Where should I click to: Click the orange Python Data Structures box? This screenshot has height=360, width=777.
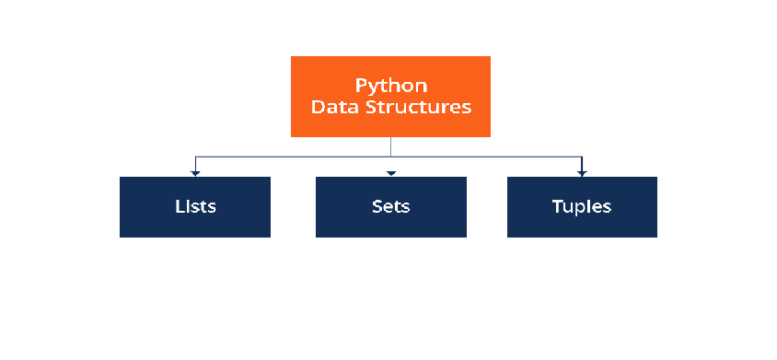tap(390, 96)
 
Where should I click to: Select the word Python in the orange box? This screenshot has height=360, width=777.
tap(391, 86)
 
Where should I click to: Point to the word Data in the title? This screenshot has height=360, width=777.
tap(330, 107)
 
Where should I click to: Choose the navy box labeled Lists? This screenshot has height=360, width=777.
tap(195, 207)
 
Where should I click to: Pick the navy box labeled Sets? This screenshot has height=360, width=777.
tap(391, 207)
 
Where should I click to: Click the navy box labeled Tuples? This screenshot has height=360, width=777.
tap(582, 207)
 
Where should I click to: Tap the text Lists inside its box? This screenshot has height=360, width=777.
tap(195, 205)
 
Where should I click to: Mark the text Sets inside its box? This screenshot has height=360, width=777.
tap(391, 205)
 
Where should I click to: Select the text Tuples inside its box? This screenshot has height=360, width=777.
tap(582, 205)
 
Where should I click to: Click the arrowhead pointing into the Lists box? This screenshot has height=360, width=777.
tap(195, 173)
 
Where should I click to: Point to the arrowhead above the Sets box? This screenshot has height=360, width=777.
tap(391, 173)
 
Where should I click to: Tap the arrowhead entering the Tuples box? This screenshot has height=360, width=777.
tap(582, 173)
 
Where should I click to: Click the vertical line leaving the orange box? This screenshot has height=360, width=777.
tap(391, 146)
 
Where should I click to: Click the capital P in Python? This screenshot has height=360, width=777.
tap(360, 86)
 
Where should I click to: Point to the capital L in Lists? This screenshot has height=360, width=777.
tap(179, 205)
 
